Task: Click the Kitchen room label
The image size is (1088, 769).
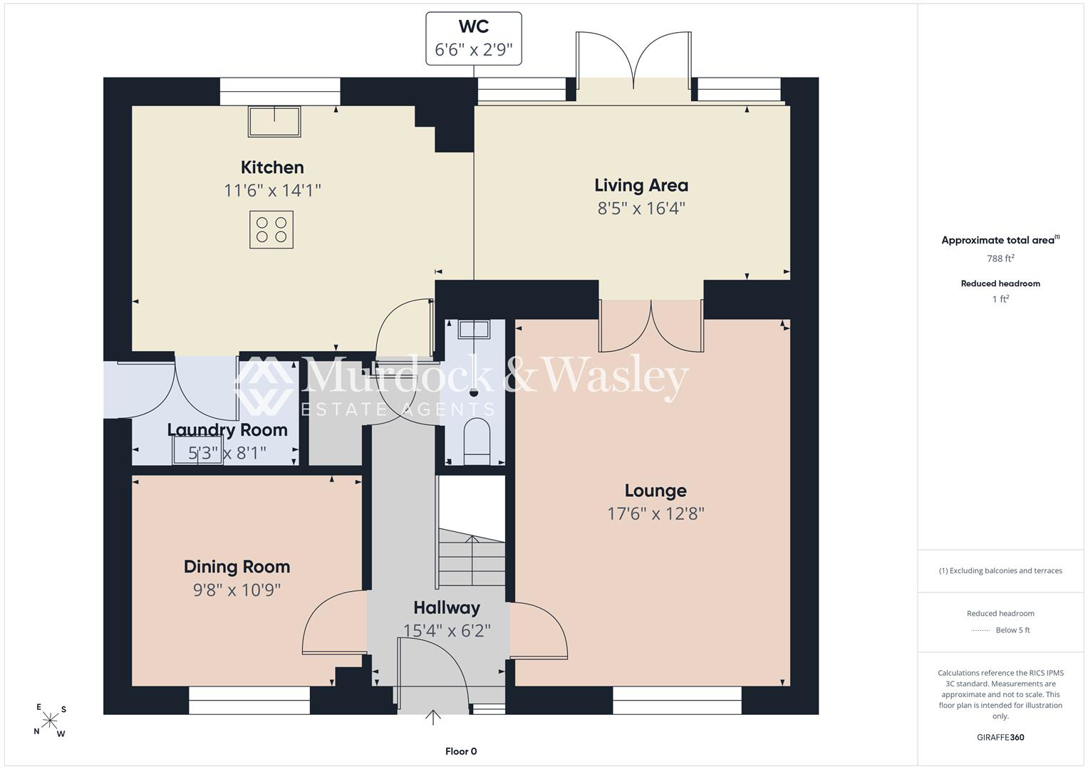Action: (272, 167)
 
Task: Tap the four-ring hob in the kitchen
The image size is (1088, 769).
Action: (271, 229)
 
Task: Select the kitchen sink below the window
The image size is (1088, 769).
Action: (274, 121)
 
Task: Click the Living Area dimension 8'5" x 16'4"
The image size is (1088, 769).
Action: (641, 208)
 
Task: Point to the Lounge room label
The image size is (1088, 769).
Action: (656, 491)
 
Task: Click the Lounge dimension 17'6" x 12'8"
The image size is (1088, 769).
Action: (656, 513)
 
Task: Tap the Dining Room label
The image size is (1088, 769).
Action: (237, 567)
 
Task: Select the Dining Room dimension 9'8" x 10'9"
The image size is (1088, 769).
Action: (237, 590)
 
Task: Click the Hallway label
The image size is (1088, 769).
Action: (447, 607)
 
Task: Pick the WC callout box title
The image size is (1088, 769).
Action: (474, 26)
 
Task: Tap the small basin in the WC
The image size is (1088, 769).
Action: (474, 329)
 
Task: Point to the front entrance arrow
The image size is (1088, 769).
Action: (432, 718)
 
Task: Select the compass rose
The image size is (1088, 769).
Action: (50, 721)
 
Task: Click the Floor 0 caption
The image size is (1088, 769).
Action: (461, 751)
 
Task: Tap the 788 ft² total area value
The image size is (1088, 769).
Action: (1000, 258)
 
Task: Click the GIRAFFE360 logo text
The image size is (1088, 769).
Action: (1000, 738)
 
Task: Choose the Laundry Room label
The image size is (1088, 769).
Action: (227, 430)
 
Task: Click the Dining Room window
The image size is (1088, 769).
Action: (249, 700)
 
